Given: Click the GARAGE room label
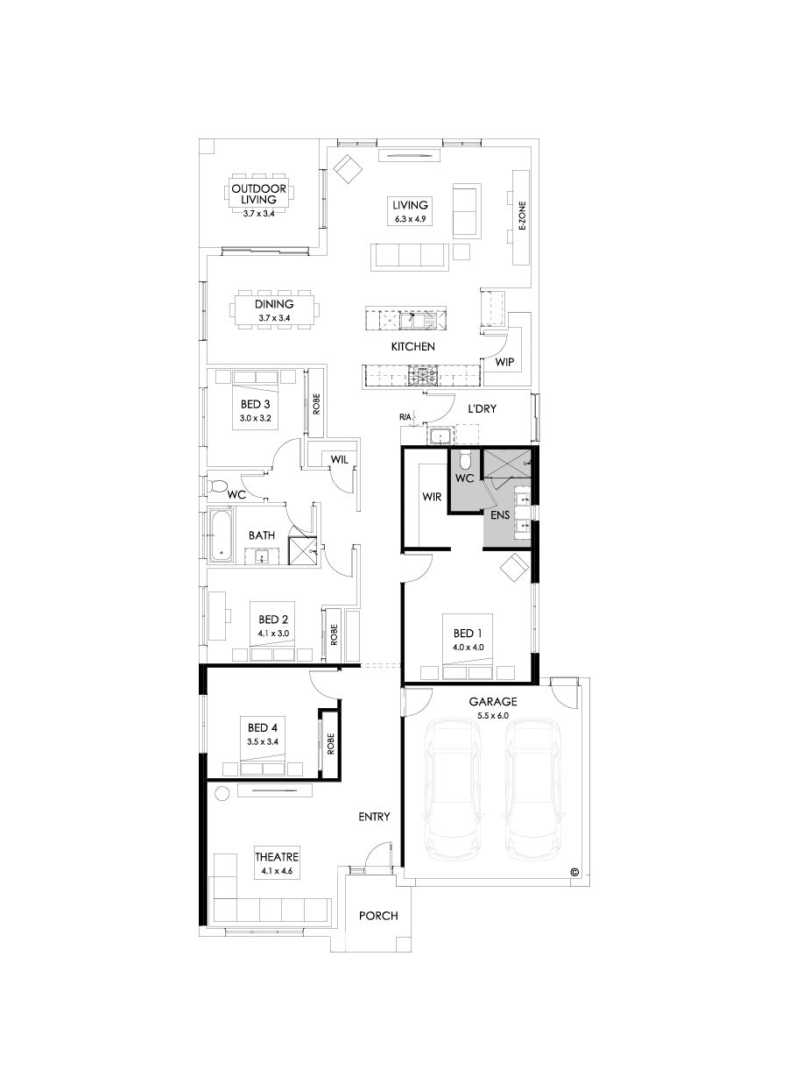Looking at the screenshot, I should (x=493, y=702).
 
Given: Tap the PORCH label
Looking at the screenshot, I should (x=378, y=916).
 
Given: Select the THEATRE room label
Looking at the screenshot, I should (x=277, y=856).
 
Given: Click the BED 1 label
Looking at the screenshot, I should (x=468, y=634).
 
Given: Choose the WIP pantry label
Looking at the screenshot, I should (x=504, y=361).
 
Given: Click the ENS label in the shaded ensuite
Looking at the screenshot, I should (x=500, y=515).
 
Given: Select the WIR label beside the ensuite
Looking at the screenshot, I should (x=431, y=496).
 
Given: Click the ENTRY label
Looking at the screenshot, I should (x=374, y=817).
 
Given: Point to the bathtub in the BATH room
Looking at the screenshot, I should (x=221, y=536).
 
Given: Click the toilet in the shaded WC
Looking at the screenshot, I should (x=467, y=459).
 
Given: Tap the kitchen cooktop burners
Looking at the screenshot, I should (x=424, y=376).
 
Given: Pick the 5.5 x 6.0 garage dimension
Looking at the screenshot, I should (x=493, y=716).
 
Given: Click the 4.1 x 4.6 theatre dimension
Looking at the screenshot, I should (x=277, y=871).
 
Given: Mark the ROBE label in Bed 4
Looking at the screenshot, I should (x=331, y=744).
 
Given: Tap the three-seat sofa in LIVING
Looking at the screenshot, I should (x=409, y=255).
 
